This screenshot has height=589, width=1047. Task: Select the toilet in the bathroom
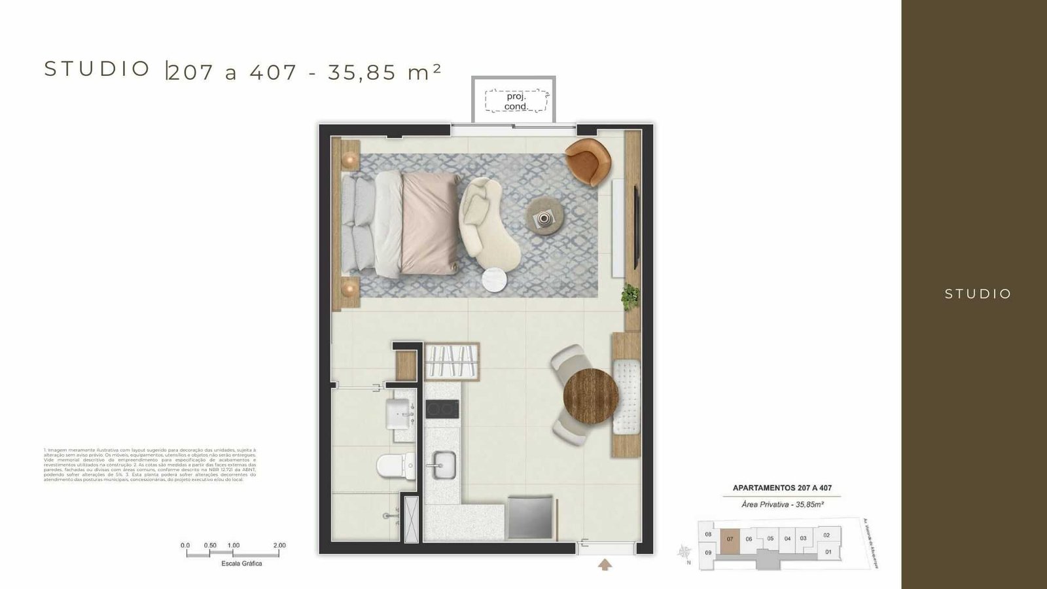coord(395,466)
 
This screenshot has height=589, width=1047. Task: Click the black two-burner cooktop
coord(442,410)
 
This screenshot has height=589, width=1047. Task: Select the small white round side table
coord(495,280)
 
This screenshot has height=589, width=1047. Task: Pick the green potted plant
coord(631,296)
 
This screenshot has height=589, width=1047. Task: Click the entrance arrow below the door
coord(605,564)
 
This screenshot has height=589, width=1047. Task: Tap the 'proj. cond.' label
coord(516,101)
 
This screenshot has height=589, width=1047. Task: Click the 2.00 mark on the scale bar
coord(279,545)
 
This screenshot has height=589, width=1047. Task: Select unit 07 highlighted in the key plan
coord(730,540)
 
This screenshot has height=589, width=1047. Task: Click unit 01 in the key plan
coord(828,552)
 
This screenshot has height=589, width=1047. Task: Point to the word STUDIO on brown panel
coord(978,294)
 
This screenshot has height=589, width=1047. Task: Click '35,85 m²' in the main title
coord(384,72)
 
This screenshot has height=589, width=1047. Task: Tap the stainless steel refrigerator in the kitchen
coord(531,518)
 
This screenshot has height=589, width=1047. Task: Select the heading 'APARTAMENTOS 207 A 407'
coord(782,488)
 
